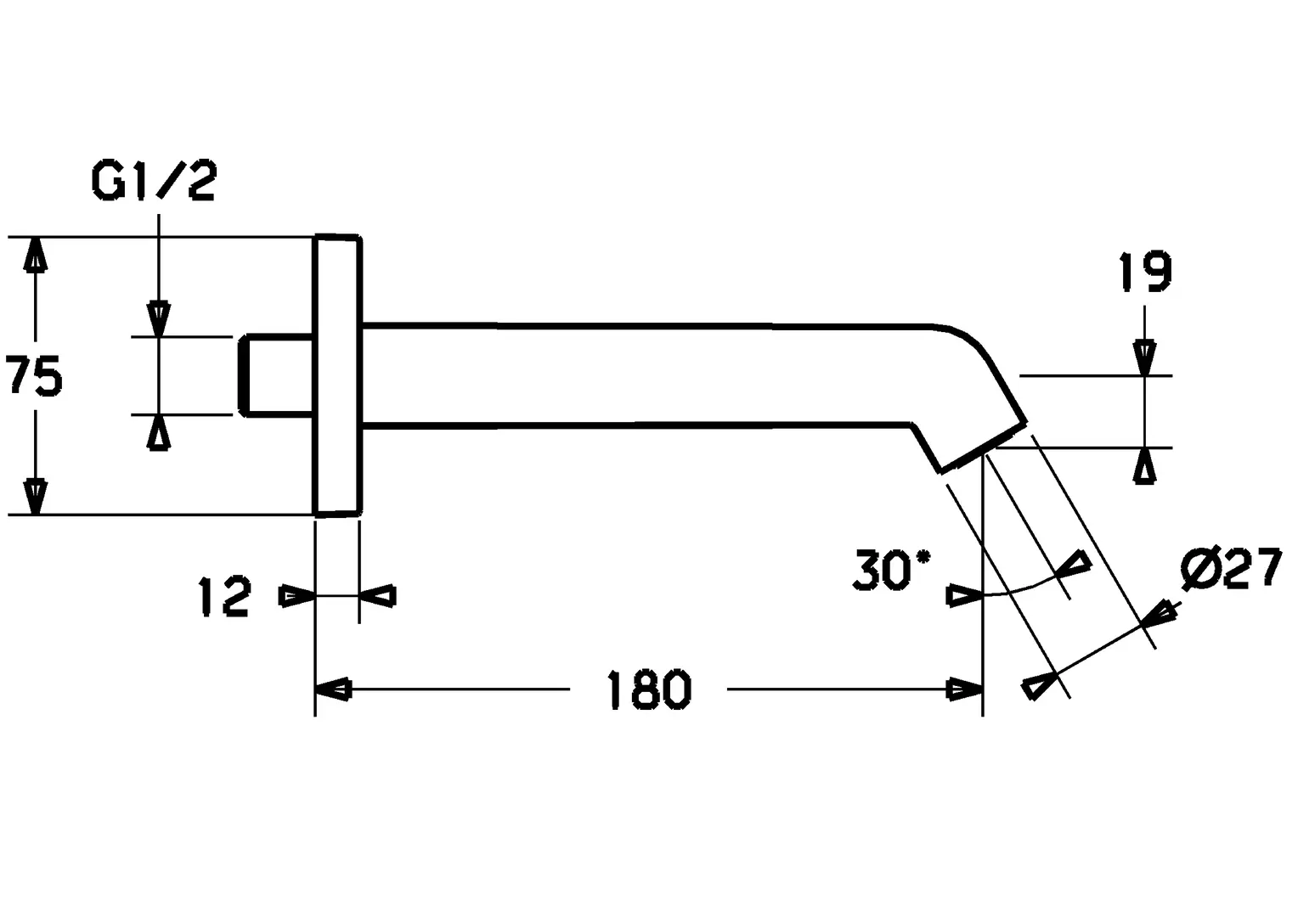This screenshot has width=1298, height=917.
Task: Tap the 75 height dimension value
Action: tap(34, 376)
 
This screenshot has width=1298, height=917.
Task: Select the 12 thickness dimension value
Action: tap(225, 596)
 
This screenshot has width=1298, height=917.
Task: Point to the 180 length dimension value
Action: tap(648, 690)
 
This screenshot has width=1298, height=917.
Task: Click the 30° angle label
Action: tap(892, 570)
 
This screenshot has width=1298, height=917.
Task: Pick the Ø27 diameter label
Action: tap(1232, 567)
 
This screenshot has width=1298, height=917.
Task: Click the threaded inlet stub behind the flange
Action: tap(276, 375)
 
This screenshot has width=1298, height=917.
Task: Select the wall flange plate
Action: tap(338, 375)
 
